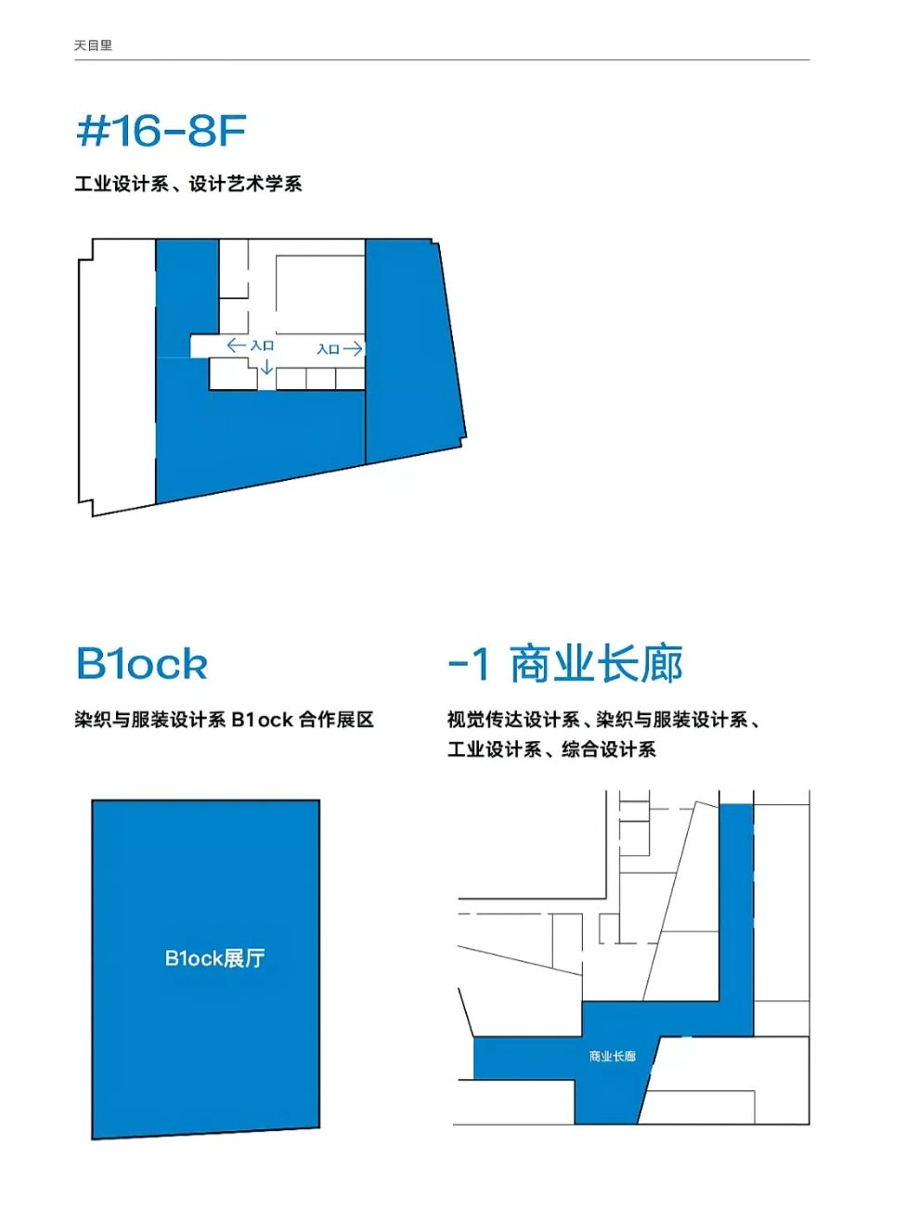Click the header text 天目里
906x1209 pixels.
[x=93, y=45]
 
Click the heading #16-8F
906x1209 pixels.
[x=161, y=131]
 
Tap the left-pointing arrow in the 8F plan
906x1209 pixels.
[x=236, y=345]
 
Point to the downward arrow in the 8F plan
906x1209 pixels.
[x=266, y=368]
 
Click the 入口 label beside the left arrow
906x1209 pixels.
[x=263, y=345]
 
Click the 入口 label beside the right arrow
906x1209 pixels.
[x=328, y=349]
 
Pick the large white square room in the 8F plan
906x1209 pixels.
[x=319, y=294]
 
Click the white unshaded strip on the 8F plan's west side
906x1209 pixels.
[x=116, y=371]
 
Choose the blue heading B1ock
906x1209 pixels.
[x=141, y=664]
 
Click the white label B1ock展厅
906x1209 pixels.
[x=214, y=958]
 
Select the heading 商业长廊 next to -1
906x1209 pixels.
[x=596, y=664]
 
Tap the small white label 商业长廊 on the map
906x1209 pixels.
[x=612, y=1056]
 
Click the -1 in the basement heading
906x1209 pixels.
[x=468, y=664]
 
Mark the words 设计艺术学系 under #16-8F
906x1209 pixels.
[x=245, y=184]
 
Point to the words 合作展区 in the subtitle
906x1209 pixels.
[x=336, y=720]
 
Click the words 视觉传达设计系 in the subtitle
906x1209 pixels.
[x=513, y=720]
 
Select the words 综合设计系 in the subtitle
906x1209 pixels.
[x=609, y=749]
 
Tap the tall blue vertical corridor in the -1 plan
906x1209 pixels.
[x=736, y=910]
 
